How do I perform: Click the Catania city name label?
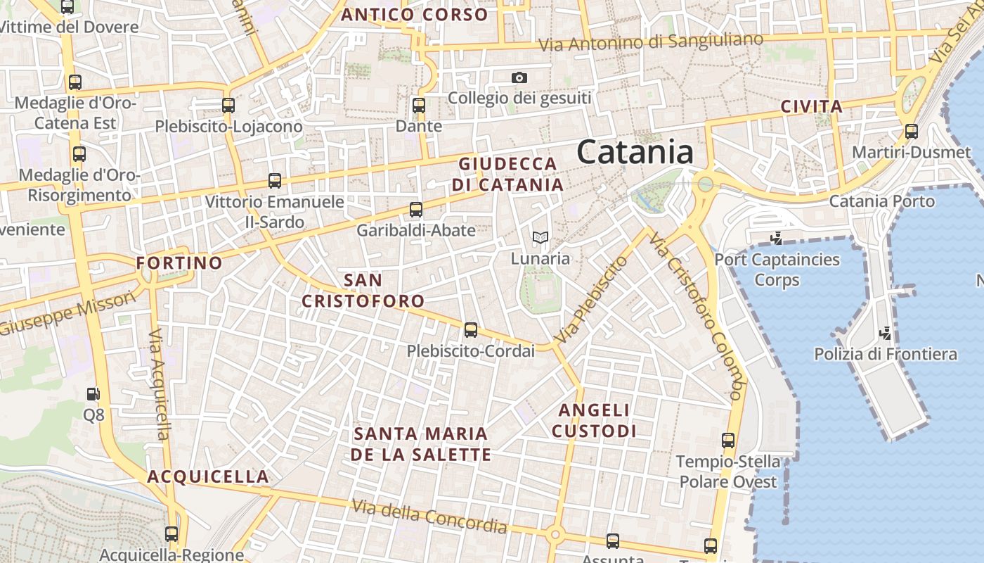pos(635,152)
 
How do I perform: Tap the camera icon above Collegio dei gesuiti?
pos(519,77)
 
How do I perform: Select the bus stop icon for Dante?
pos(419,106)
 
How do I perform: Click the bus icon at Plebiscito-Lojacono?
pos(228,106)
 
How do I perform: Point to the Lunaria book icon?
pos(540,238)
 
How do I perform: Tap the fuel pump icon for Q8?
pos(93,394)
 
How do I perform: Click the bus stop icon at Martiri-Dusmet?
pos(912,132)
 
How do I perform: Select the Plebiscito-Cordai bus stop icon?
pos(471,330)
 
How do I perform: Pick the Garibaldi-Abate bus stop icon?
pos(416,210)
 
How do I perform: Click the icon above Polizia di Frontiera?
pos(886,332)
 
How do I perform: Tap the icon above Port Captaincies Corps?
pos(777,239)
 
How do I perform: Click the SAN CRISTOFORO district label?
pos(363,291)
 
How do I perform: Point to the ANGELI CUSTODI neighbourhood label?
pos(594,420)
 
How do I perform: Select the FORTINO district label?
pos(179,263)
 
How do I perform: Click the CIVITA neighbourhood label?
pos(811,107)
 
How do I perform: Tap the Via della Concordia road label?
pos(429,516)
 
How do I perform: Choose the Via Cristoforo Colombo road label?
pos(696,316)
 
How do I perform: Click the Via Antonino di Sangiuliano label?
pos(650,42)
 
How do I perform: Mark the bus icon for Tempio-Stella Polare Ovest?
pos(728,441)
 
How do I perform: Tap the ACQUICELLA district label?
pos(208,476)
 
